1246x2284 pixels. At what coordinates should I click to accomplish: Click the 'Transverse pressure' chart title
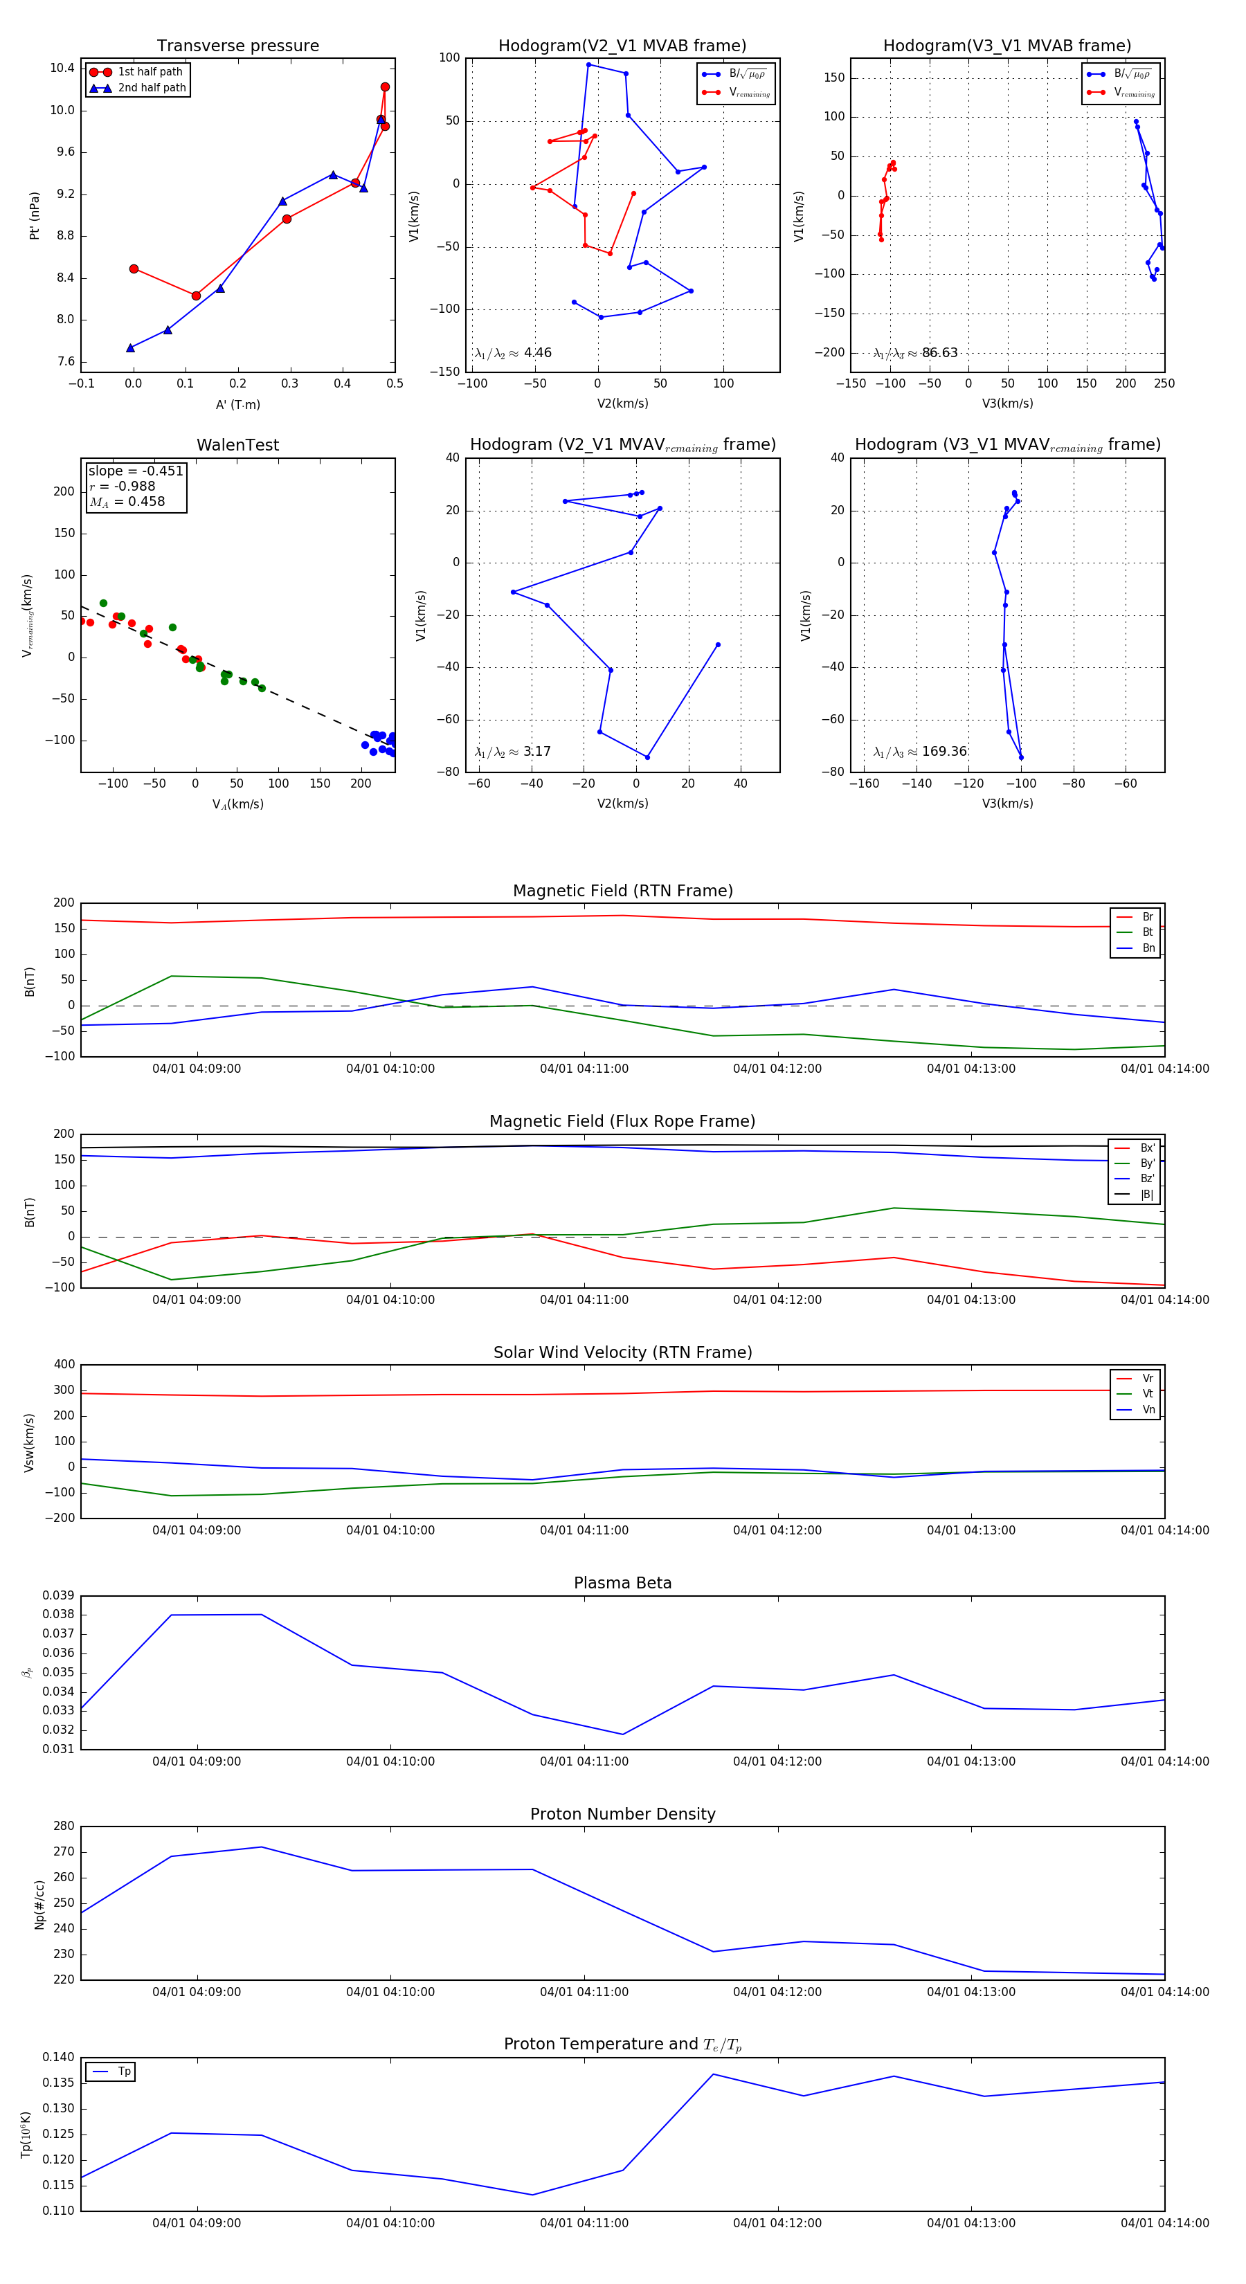(x=237, y=46)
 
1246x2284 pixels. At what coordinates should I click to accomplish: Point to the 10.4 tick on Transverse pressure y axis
(x=62, y=69)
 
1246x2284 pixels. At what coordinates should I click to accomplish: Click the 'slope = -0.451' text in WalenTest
(x=136, y=471)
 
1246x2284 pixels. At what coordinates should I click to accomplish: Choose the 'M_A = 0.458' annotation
(x=127, y=502)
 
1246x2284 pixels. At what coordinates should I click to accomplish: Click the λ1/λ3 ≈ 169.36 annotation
(x=920, y=751)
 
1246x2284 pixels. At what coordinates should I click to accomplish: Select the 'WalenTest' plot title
(x=237, y=445)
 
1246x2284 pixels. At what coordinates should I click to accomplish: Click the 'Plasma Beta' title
(x=622, y=1583)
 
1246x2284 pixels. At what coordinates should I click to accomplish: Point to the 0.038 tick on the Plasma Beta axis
(x=59, y=1615)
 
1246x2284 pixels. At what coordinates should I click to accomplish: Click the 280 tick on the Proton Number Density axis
(x=64, y=1827)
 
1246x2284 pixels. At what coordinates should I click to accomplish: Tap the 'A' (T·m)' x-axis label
(x=237, y=404)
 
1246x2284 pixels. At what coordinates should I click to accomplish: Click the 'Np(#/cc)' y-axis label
(x=39, y=1905)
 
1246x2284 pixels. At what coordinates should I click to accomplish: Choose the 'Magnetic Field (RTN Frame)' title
(x=622, y=891)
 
